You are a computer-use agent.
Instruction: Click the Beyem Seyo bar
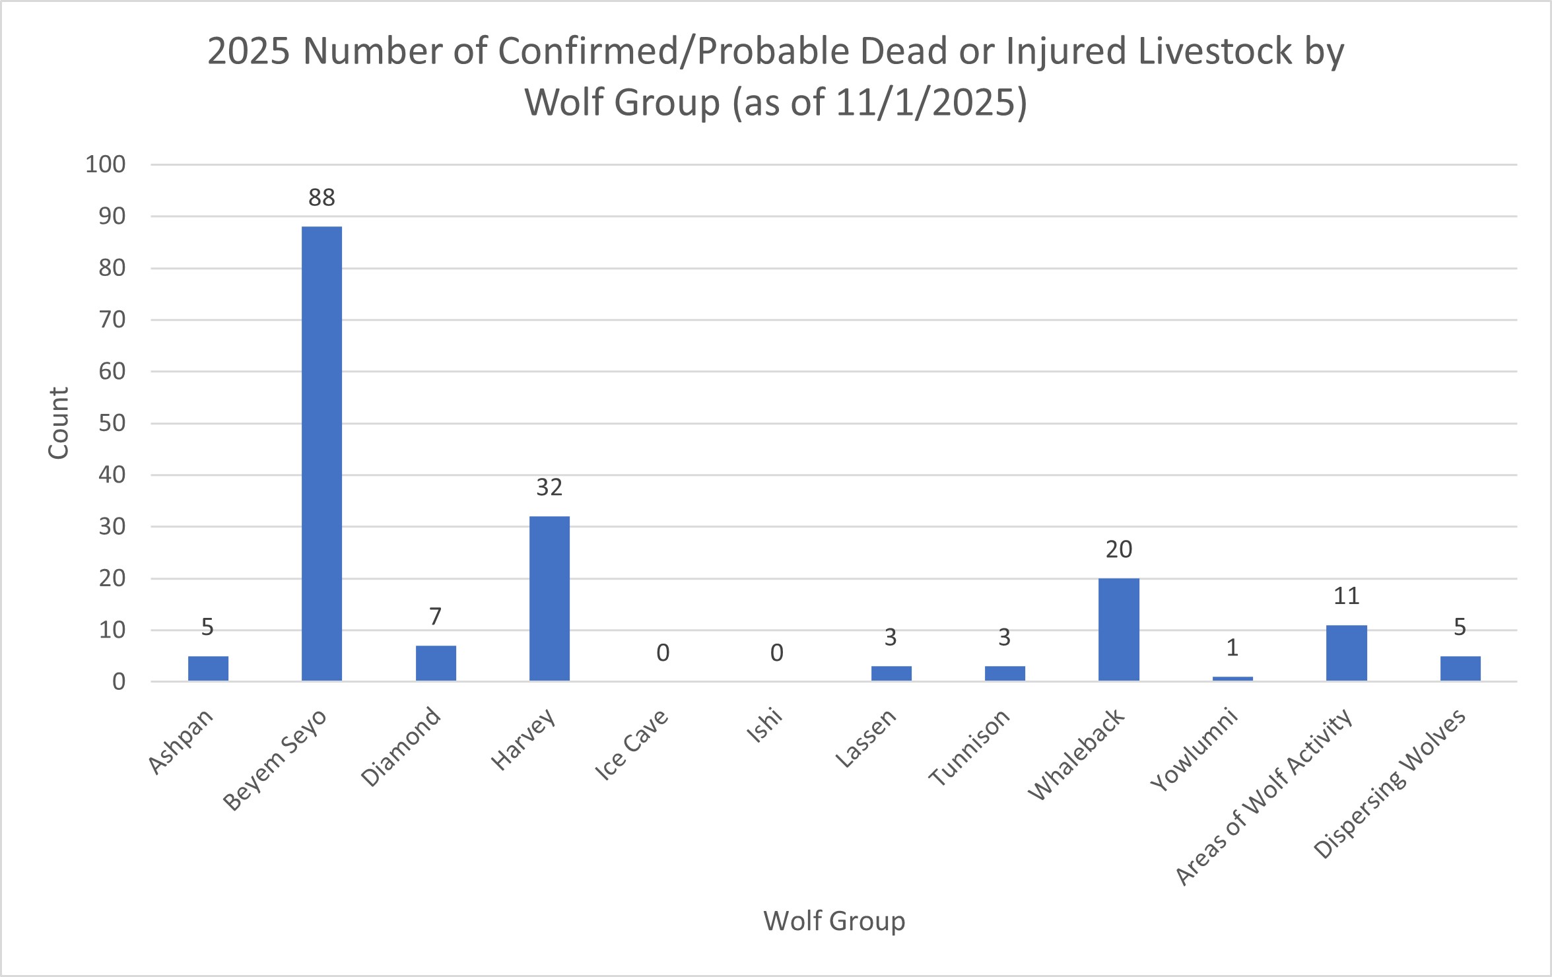click(x=321, y=453)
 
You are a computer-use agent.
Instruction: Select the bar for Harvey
click(x=549, y=598)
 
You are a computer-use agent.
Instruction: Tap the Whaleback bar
click(x=1118, y=629)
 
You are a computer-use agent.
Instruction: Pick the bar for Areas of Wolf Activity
click(x=1346, y=653)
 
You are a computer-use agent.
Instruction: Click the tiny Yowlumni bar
click(x=1232, y=678)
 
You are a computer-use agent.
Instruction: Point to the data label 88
click(x=321, y=197)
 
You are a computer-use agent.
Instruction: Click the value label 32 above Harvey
click(x=549, y=487)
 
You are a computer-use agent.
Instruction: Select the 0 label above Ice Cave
click(x=663, y=653)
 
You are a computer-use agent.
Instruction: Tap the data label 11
click(x=1346, y=596)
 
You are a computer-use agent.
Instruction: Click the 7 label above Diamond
click(x=435, y=617)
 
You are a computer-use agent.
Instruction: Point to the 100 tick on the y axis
click(x=105, y=164)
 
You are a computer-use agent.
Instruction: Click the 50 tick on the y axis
click(x=112, y=423)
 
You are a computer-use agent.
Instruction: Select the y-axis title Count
click(x=58, y=423)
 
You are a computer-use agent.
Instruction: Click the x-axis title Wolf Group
click(x=834, y=920)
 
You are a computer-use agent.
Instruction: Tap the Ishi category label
click(x=764, y=725)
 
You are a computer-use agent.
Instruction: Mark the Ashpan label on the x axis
click(x=180, y=741)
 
